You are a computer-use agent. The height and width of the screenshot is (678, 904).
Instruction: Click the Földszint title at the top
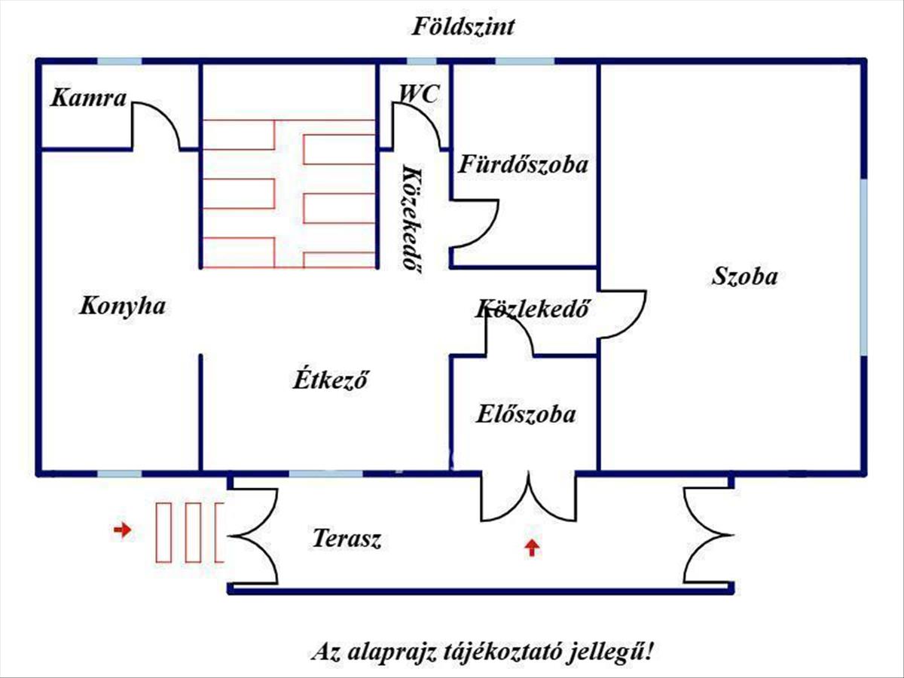tap(463, 27)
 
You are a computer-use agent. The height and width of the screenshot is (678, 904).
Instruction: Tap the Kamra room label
tap(89, 97)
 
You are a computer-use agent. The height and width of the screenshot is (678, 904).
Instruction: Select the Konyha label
tap(122, 306)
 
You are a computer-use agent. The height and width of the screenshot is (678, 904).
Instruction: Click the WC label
tap(420, 93)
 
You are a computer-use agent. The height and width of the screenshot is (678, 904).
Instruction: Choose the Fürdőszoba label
tap(524, 164)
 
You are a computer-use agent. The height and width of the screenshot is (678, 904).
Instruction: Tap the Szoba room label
tap(745, 276)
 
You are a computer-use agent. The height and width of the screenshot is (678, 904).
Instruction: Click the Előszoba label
tap(526, 414)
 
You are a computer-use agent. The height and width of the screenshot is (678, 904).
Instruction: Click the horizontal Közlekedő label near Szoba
tap(532, 308)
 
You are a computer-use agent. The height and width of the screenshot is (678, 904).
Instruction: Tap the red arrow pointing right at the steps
tap(121, 530)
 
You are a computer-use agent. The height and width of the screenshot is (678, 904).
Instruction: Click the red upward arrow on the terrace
tap(532, 548)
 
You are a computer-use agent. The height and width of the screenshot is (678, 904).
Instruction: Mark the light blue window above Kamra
tap(119, 61)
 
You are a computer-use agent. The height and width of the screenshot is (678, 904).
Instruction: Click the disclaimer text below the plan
tap(482, 651)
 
